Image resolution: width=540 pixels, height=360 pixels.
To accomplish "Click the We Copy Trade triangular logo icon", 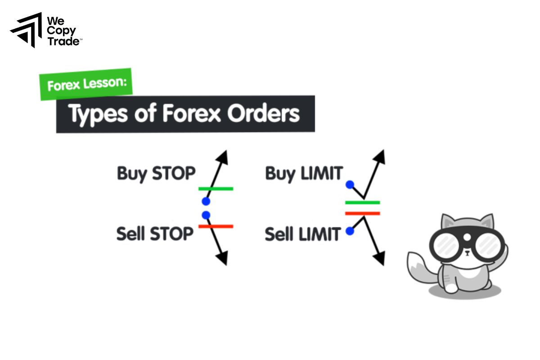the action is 26,30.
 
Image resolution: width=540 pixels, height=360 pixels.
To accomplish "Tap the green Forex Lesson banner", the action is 86,84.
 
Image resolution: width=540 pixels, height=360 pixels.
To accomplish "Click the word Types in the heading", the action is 95,114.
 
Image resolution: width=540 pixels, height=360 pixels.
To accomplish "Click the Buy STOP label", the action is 156,173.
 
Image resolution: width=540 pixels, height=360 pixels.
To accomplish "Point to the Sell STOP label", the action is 155,233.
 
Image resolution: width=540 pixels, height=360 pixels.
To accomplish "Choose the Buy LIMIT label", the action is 304,173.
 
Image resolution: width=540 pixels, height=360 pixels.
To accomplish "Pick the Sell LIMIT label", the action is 302,234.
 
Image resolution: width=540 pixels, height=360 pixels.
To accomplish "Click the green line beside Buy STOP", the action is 216,189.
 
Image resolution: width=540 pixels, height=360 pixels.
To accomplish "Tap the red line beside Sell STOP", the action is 216,226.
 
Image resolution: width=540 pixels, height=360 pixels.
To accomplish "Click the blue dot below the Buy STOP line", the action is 206,201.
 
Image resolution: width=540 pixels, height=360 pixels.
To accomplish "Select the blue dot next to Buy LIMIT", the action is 350,184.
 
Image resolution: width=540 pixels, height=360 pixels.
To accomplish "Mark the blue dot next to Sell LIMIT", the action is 350,231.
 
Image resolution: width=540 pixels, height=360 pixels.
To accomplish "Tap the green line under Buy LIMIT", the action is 362,202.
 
